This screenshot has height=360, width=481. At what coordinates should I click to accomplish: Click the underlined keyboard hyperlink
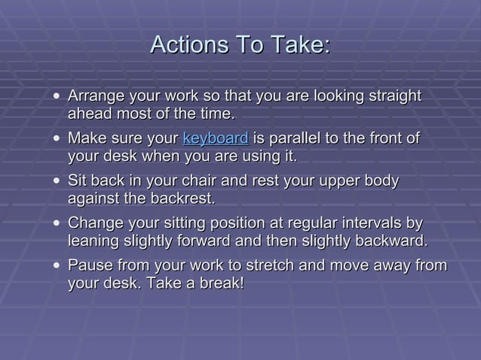click(216, 139)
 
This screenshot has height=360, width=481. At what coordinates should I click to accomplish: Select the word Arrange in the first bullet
click(95, 96)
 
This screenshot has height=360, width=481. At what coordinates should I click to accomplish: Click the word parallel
click(295, 139)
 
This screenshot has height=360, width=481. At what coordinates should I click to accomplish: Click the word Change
click(94, 224)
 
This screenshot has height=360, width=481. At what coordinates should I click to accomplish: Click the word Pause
click(88, 266)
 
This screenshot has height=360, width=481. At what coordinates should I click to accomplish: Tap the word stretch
click(268, 266)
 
